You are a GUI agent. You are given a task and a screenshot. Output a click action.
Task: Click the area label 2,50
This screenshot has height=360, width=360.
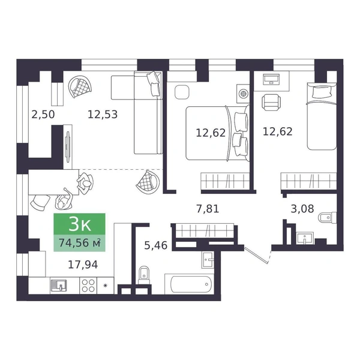(x=43, y=115)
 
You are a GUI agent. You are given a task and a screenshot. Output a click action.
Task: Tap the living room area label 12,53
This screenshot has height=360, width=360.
(x=103, y=115)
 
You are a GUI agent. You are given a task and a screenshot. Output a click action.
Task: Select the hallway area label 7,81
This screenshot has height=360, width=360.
(x=208, y=209)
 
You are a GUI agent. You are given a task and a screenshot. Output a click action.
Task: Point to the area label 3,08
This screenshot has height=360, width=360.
(x=302, y=209)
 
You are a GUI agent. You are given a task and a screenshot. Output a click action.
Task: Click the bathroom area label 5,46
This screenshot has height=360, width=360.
(x=155, y=245)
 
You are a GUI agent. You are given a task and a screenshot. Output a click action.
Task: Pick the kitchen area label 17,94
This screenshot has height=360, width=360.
(x=83, y=265)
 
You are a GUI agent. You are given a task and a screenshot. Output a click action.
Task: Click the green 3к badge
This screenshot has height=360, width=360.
(x=79, y=224)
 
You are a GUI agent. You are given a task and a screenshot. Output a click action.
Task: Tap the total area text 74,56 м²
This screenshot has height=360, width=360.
(x=79, y=242)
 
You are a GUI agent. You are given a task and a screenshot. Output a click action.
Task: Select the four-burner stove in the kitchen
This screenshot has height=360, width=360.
(x=88, y=286)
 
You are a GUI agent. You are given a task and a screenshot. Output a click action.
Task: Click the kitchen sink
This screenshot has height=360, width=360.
(x=59, y=286)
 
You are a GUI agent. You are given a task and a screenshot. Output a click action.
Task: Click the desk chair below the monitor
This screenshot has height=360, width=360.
(x=271, y=103)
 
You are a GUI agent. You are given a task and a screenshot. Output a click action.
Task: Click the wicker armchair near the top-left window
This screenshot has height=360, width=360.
(x=80, y=87)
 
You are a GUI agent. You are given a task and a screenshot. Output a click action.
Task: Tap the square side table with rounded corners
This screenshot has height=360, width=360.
(x=182, y=92)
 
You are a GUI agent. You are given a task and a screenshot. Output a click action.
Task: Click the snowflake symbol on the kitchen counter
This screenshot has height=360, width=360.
(x=106, y=286)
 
